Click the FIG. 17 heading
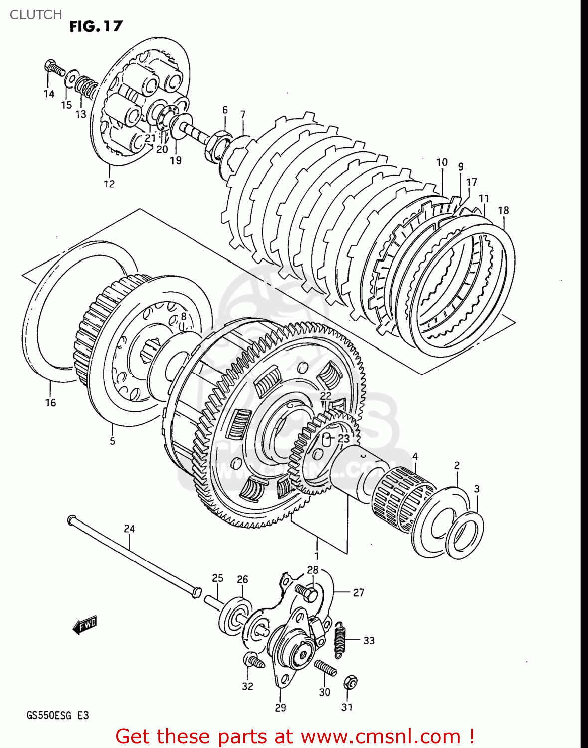tap(96, 26)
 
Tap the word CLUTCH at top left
tap(36, 15)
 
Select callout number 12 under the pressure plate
tap(109, 184)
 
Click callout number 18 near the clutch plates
tap(503, 210)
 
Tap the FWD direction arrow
tap(85, 624)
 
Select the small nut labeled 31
tap(350, 682)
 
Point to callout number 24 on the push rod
tap(129, 529)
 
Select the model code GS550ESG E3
tap(58, 715)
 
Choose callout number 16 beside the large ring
tap(51, 403)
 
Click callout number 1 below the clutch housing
tap(316, 556)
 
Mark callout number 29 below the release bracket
tap(280, 707)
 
